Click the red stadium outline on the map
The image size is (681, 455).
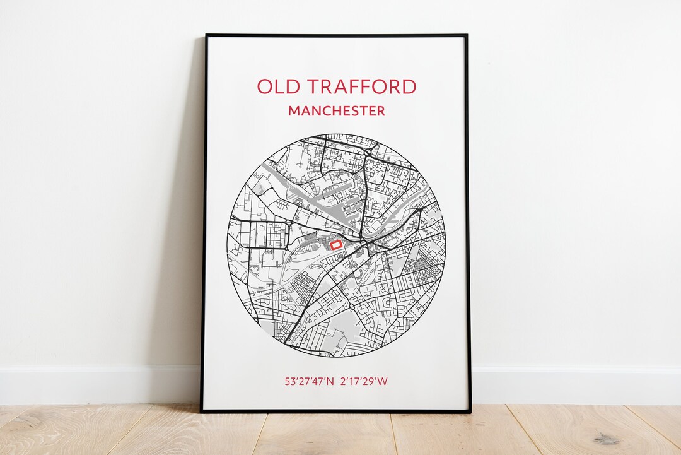[336, 244]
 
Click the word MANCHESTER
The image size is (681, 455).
[336, 111]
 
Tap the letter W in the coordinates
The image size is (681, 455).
[383, 382]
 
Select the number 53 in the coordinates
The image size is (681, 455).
[290, 382]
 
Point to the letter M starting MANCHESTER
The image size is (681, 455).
[294, 111]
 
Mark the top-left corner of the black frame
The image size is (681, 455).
[206, 35]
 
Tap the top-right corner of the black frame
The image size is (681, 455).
[467, 35]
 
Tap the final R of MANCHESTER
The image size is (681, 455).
[380, 111]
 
